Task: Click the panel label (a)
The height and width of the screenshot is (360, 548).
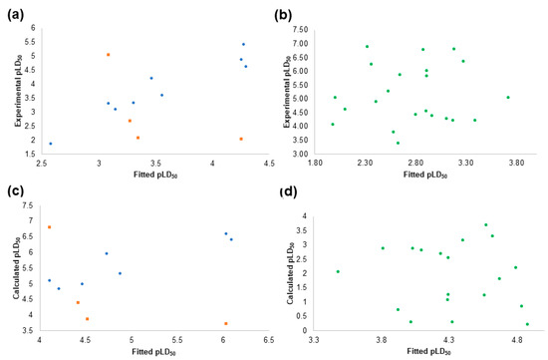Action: [x=16, y=15]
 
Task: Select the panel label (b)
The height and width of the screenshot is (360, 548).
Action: [x=283, y=15]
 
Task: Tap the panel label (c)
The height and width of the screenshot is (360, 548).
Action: [x=15, y=191]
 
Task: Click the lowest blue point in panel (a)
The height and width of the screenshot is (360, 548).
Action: [x=51, y=144]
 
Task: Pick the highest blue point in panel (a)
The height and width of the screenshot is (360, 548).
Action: [x=243, y=44]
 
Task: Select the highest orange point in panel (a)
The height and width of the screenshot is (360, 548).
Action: [x=109, y=55]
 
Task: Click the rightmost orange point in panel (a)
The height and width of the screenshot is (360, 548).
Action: [x=241, y=139]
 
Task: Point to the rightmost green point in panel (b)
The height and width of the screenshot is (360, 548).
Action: [x=508, y=98]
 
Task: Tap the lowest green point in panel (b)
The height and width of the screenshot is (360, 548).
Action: [x=398, y=143]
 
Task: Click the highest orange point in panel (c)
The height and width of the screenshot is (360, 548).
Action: [x=49, y=227]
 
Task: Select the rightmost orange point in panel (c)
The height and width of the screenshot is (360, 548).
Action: [x=226, y=324]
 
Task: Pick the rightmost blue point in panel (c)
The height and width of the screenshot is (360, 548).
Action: [x=231, y=239]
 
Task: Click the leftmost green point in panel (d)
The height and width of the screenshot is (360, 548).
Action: [x=338, y=271]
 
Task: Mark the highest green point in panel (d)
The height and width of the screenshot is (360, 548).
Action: [x=486, y=224]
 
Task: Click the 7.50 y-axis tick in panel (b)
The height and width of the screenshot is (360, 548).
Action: [x=302, y=30]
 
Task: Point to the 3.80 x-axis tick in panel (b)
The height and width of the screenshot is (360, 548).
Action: [x=516, y=163]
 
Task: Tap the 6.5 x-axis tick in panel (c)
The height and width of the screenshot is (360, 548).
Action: [x=268, y=340]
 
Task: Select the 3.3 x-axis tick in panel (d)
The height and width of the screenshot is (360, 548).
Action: [x=314, y=340]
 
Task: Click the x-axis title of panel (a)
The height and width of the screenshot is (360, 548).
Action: [x=155, y=175]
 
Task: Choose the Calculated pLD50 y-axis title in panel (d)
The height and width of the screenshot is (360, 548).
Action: [x=291, y=273]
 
